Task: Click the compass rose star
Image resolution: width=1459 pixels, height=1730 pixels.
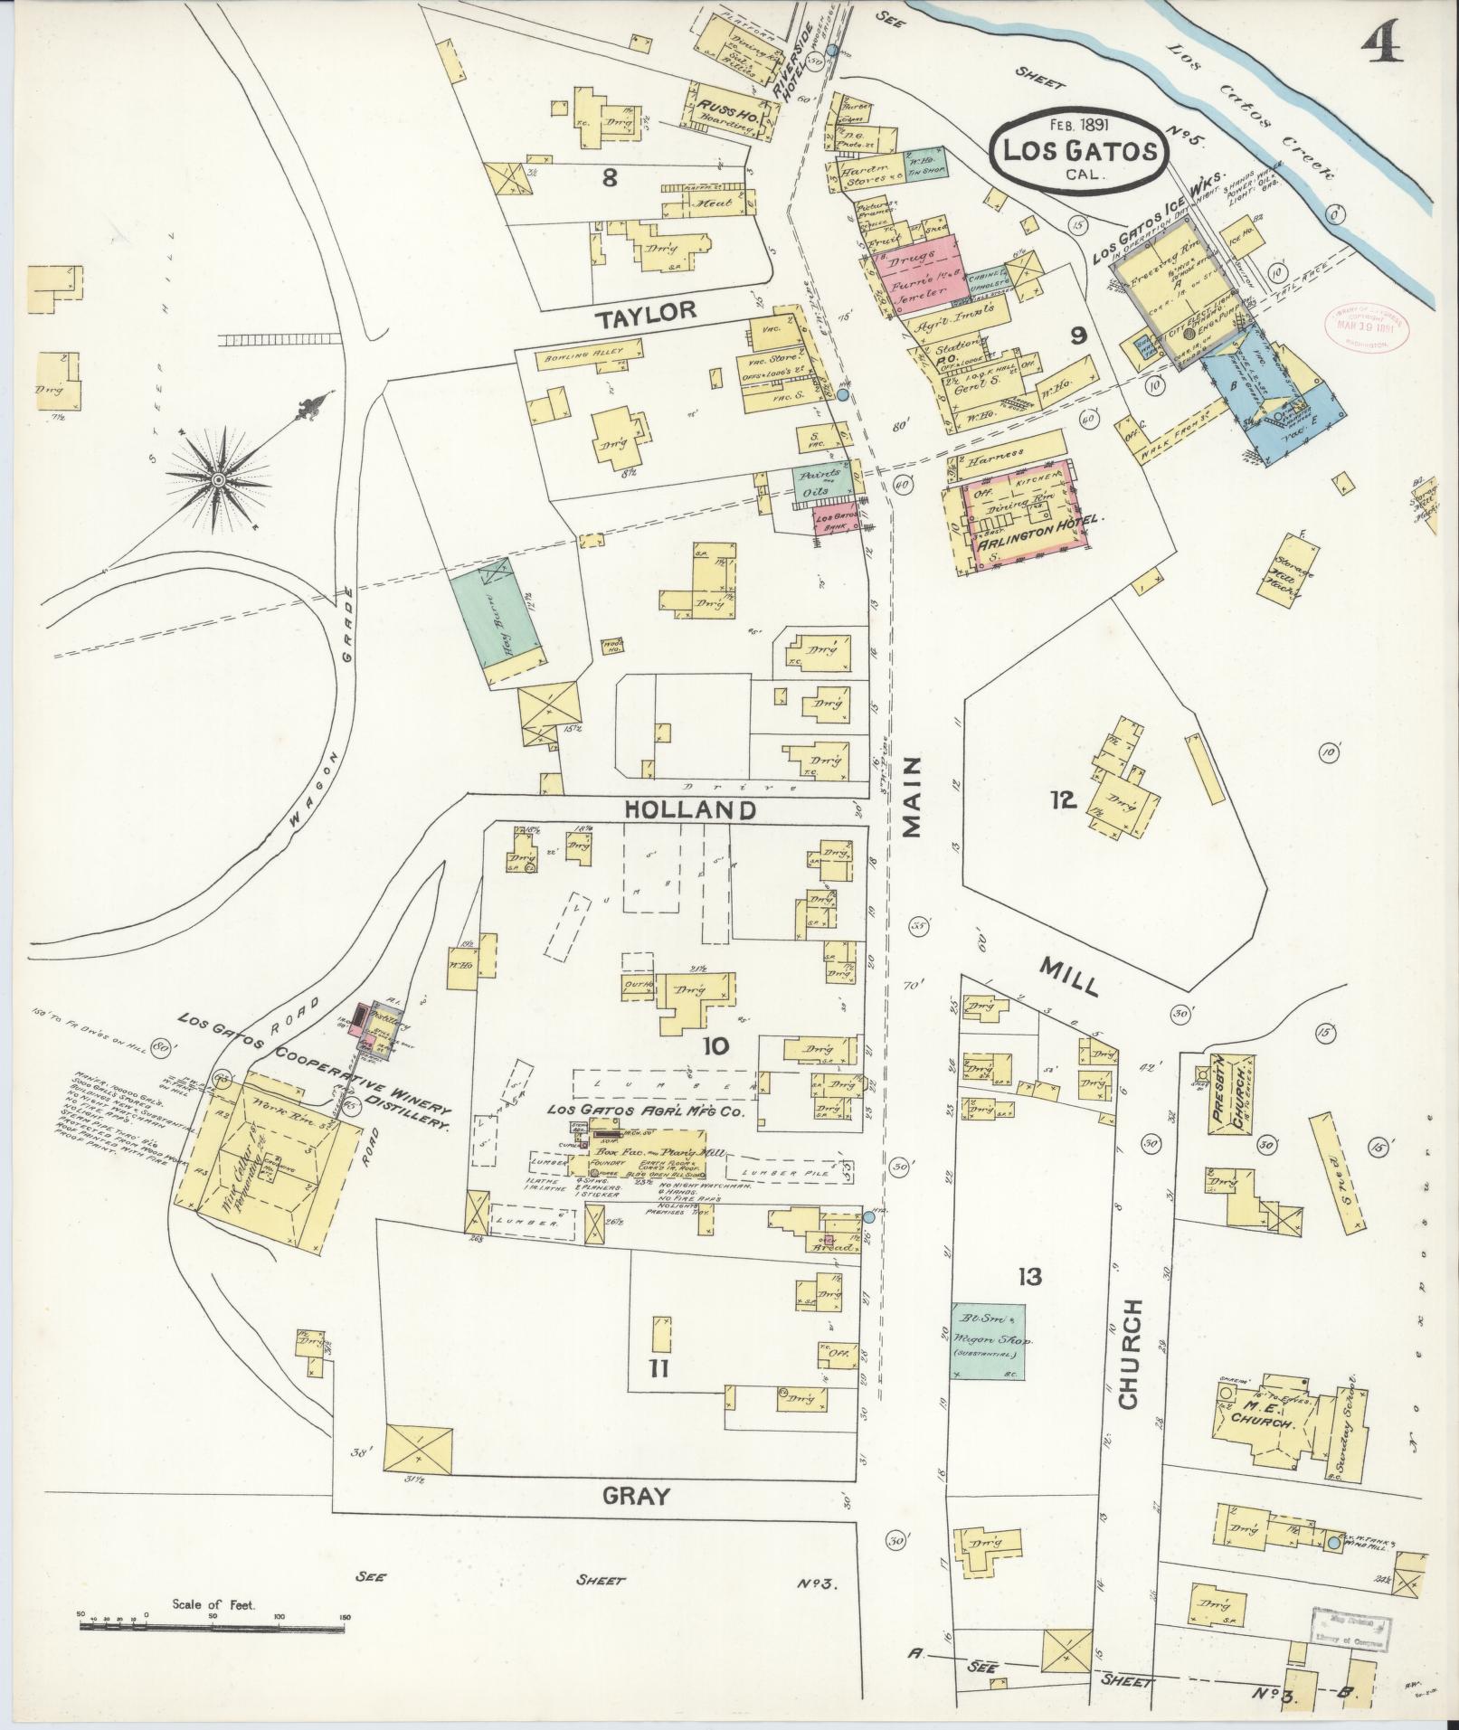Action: point(219,477)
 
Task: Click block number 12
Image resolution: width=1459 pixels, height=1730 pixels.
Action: point(1061,799)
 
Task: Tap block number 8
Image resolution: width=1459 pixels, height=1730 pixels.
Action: point(610,178)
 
